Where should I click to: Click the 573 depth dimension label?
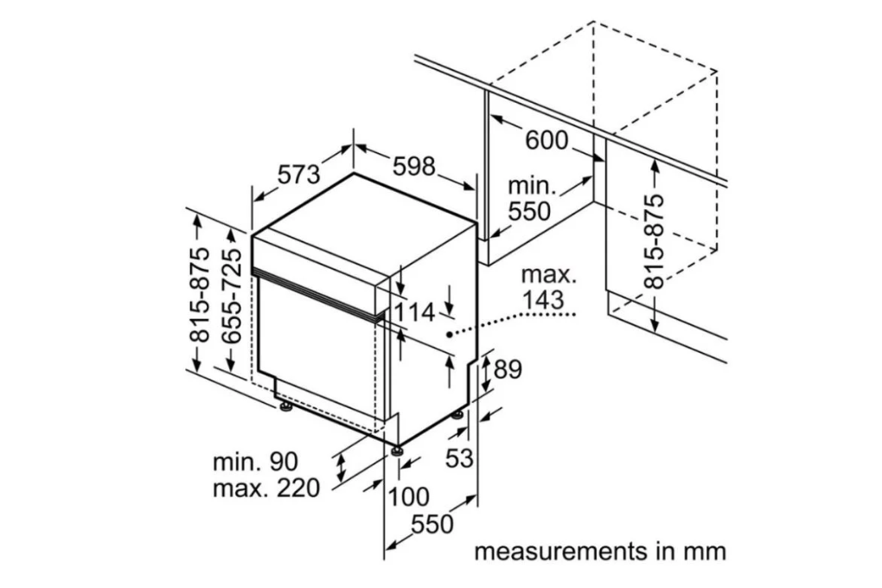click(298, 175)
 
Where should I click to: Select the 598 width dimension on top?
click(413, 166)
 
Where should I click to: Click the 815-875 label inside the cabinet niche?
click(655, 240)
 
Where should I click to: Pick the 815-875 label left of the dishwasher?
click(200, 294)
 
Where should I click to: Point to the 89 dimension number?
click(508, 369)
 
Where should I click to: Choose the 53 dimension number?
click(459, 457)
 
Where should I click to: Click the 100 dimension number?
click(407, 496)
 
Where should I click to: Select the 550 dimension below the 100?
click(431, 524)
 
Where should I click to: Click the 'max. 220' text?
click(265, 488)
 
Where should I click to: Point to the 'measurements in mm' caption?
click(599, 551)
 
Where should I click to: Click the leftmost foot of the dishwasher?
click(284, 405)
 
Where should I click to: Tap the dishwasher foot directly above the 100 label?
click(397, 450)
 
